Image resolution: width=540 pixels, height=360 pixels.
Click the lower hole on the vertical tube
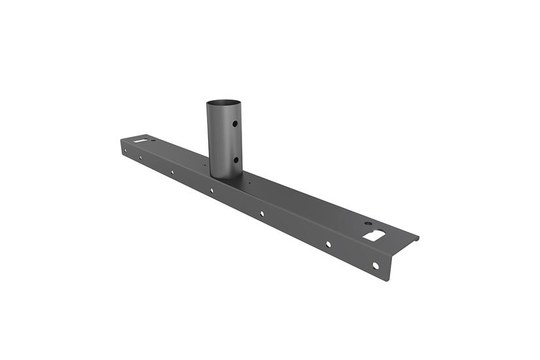(234, 160)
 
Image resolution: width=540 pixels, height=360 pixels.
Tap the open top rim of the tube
(224, 103)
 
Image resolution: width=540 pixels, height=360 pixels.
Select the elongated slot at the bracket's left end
(141, 139)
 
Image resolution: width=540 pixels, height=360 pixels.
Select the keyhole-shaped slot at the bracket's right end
(374, 234)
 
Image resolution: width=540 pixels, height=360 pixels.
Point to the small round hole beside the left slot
(153, 139)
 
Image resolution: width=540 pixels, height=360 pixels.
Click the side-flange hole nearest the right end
(375, 266)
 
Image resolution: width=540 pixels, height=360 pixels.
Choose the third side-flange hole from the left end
(172, 172)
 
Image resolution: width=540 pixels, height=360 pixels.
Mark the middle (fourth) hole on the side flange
(211, 190)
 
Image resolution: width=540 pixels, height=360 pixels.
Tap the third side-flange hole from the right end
(261, 213)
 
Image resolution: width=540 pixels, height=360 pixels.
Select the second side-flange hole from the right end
(328, 244)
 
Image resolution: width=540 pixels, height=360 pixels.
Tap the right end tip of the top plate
(418, 238)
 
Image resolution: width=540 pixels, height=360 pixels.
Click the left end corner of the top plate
(121, 139)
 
